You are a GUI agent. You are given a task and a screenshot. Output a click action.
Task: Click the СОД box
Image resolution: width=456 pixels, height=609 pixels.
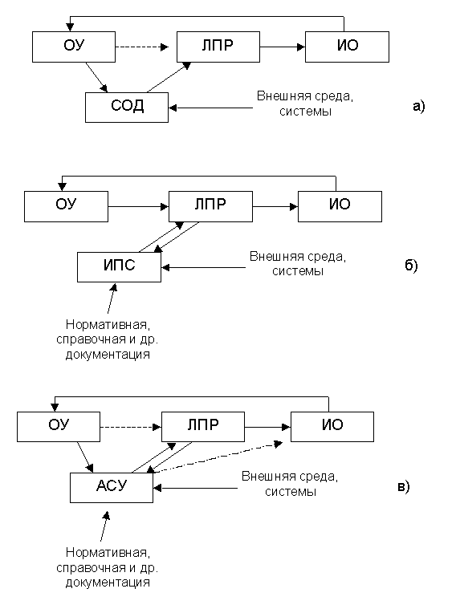(127, 108)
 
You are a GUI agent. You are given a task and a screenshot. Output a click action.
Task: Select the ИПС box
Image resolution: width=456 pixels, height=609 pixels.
(119, 267)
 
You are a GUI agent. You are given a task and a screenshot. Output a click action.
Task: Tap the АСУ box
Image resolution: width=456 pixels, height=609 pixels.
(112, 487)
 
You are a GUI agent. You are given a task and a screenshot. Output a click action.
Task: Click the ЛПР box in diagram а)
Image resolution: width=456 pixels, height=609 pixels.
(218, 47)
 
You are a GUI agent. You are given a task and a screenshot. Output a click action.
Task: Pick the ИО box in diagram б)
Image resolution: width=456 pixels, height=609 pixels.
(340, 207)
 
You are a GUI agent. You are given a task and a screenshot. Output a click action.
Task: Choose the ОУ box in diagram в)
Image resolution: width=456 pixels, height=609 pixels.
(59, 427)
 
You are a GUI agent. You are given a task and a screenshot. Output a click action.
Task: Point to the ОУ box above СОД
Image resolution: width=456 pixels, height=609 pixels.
(74, 47)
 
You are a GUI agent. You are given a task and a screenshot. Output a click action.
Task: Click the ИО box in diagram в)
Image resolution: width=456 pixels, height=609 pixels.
(332, 427)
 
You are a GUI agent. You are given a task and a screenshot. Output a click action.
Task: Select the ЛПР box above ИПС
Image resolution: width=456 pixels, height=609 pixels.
(210, 207)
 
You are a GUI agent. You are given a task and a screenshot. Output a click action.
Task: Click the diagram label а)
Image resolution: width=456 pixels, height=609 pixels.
(419, 106)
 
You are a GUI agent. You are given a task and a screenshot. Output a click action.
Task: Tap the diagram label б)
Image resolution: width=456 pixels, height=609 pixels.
(411, 266)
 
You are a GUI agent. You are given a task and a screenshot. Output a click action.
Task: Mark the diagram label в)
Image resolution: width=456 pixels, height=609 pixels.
(404, 487)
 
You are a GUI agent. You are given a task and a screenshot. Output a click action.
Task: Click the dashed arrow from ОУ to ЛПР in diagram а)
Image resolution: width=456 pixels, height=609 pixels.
(142, 47)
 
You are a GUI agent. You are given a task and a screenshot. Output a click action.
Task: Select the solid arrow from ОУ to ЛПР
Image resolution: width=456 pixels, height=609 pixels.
(138, 207)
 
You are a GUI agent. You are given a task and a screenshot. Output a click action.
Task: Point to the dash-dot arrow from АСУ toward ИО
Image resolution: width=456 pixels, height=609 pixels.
(214, 457)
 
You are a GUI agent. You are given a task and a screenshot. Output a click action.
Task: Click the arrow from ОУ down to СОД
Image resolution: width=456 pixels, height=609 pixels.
(96, 77)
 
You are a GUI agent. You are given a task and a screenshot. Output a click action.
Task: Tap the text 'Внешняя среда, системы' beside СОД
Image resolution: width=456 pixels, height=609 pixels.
(305, 104)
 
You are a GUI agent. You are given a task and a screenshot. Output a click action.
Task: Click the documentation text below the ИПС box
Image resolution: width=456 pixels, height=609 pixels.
(108, 339)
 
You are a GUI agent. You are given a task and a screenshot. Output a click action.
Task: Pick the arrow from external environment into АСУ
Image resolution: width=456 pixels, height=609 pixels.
(196, 488)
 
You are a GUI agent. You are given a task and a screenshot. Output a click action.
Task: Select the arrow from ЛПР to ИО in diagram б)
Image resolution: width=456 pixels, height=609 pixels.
(275, 207)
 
